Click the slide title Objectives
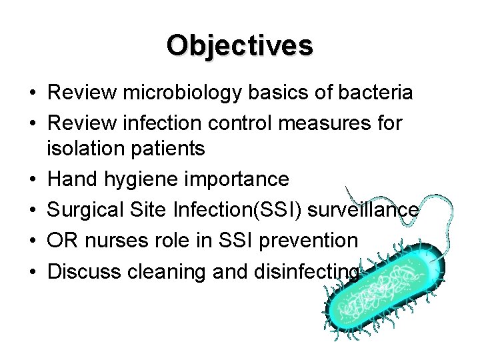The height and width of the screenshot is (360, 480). (240, 46)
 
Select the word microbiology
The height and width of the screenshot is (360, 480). (174, 93)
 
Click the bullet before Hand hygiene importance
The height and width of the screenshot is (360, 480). (33, 180)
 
